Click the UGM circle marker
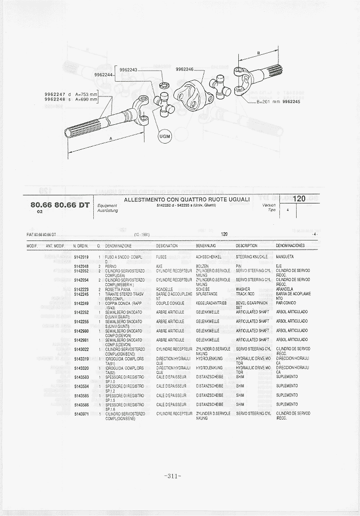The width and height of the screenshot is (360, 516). (165, 136)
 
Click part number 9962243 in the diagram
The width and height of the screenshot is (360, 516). (129, 70)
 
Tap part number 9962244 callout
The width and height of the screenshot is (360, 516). (103, 75)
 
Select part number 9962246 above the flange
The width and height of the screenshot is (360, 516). (185, 70)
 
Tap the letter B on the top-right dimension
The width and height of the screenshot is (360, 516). (258, 53)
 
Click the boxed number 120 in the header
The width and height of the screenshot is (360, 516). (299, 199)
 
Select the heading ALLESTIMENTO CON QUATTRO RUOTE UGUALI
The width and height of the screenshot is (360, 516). (187, 199)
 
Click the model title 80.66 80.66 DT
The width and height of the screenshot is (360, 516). (60, 205)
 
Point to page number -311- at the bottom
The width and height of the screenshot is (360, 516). (173, 476)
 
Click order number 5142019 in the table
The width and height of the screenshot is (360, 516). (81, 257)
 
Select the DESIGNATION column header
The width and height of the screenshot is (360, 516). (167, 246)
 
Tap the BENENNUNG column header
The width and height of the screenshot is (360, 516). (206, 246)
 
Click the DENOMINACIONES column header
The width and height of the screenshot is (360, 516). (291, 246)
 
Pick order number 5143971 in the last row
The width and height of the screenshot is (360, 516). (81, 414)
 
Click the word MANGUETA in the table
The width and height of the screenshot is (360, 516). (285, 257)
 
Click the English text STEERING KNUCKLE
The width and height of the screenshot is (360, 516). (251, 257)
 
